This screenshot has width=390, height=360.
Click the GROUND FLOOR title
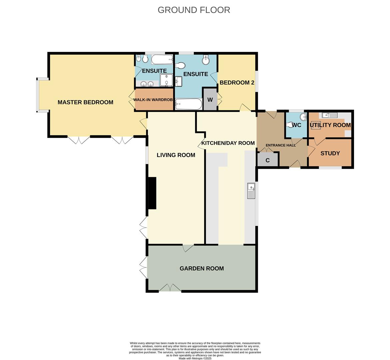pyautogui.click(x=194, y=10)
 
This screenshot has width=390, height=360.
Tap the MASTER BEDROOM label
pyautogui.click(x=85, y=102)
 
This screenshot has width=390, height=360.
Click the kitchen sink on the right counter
pyautogui.click(x=251, y=191)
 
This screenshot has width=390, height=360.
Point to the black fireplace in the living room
pyautogui.click(x=152, y=193)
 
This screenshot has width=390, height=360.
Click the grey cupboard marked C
pyautogui.click(x=267, y=160)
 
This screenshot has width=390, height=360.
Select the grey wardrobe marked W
pyautogui.click(x=210, y=100)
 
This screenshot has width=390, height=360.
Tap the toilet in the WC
pyautogui.click(x=290, y=125)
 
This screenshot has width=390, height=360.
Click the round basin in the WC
pyautogui.click(x=303, y=117)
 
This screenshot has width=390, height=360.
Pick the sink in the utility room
pyautogui.click(x=329, y=115)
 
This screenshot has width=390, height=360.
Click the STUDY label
pyautogui.click(x=330, y=153)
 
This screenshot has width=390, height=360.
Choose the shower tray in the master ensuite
pyautogui.click(x=166, y=80)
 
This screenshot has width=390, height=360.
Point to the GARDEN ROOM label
pyautogui.click(x=201, y=268)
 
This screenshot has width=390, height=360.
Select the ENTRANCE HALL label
pyautogui.click(x=280, y=145)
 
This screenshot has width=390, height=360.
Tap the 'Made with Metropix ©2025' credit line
pyautogui.click(x=195, y=358)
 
